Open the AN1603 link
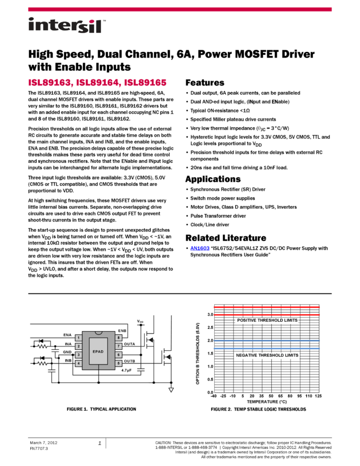pyautogui.click(x=199, y=248)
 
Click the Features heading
pyautogui.click(x=204, y=83)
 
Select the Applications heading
pyautogui.click(x=213, y=179)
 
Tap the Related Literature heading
pyautogui.click(x=226, y=238)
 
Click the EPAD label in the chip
pyautogui.click(x=98, y=351)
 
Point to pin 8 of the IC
pyautogui.click(x=118, y=338)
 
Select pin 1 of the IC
pyautogui.click(x=78, y=338)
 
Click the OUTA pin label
pyautogui.click(x=129, y=344)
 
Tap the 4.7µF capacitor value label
pyautogui.click(x=126, y=370)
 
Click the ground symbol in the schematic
pyautogui.click(x=171, y=390)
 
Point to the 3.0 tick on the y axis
pyautogui.click(x=210, y=315)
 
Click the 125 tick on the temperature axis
pyautogui.click(x=318, y=396)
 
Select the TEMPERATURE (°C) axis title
pyautogui.click(x=267, y=401)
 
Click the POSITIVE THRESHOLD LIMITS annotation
pyautogui.click(x=267, y=320)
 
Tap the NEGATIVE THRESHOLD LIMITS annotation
pyautogui.click(x=267, y=355)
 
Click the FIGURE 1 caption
pyautogui.click(x=101, y=409)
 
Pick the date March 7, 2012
pyautogui.click(x=43, y=442)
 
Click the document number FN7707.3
pyautogui.click(x=38, y=448)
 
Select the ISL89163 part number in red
pyautogui.click(x=50, y=83)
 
